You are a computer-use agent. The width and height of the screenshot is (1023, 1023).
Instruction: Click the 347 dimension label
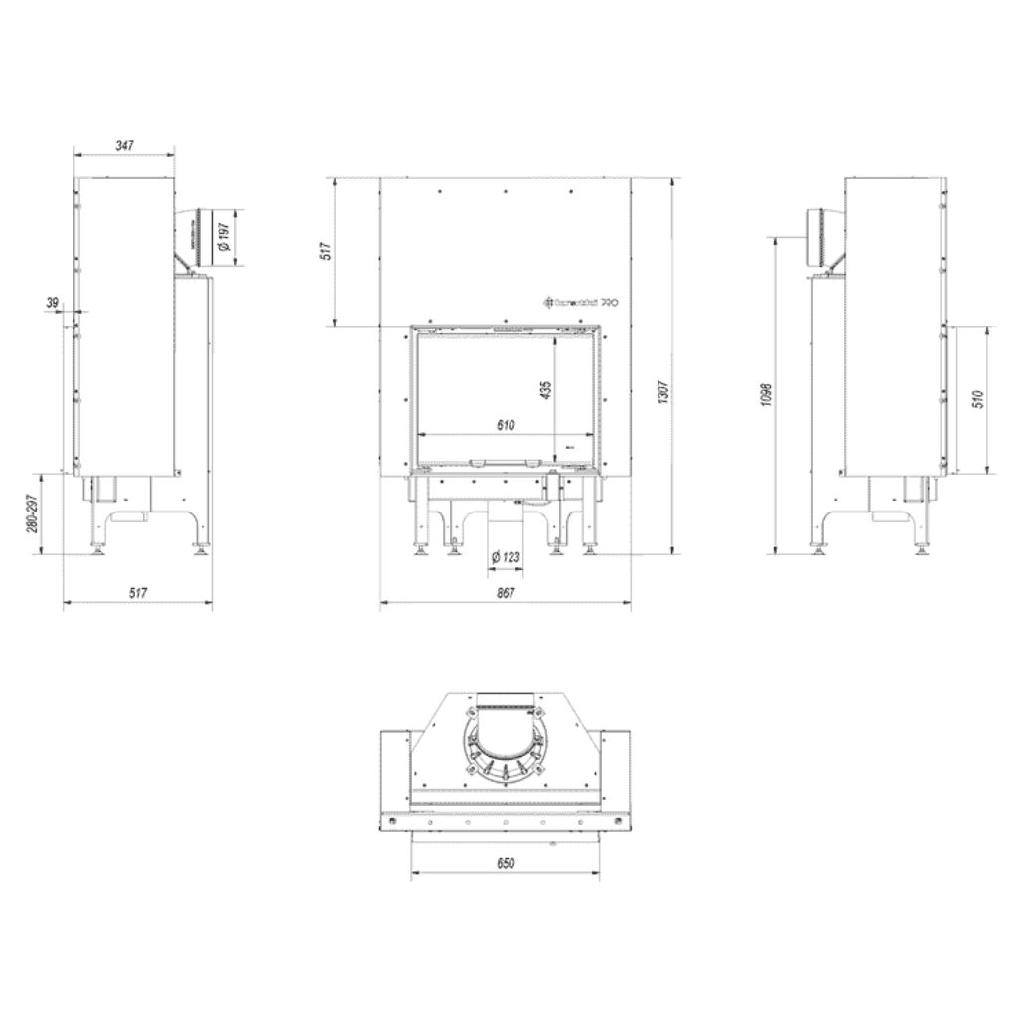(x=124, y=145)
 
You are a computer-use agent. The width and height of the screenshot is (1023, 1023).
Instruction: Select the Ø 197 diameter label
(x=224, y=236)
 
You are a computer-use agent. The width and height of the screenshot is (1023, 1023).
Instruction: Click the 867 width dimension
(x=505, y=593)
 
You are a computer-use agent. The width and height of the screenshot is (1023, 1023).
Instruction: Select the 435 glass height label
(x=544, y=390)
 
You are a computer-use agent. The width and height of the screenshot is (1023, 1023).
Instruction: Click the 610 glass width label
(x=505, y=426)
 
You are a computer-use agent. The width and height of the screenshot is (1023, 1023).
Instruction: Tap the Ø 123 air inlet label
(x=506, y=558)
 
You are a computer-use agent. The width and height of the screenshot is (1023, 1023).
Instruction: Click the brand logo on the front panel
(x=580, y=302)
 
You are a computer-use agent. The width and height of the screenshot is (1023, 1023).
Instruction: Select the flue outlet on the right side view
(x=821, y=236)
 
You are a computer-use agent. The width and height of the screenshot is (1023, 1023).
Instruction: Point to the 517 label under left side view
(x=138, y=593)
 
